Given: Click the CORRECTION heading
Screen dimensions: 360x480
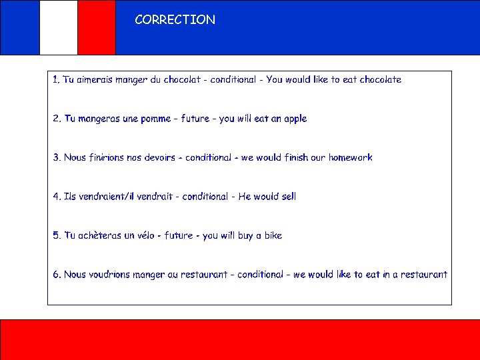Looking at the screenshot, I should point(175,20).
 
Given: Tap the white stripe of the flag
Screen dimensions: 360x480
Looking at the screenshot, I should point(59,27).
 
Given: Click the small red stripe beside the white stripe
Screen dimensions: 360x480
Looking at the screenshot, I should point(97,27).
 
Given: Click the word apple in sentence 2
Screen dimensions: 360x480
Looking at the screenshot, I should point(295,119).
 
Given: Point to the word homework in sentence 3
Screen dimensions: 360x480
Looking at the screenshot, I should point(350,158).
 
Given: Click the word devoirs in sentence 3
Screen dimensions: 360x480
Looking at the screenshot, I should point(160,158).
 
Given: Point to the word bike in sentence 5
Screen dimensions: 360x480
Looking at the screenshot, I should point(273,235).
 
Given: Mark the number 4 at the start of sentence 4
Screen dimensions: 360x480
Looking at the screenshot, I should point(56,197).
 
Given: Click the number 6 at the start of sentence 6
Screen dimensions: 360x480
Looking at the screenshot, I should point(56,275).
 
